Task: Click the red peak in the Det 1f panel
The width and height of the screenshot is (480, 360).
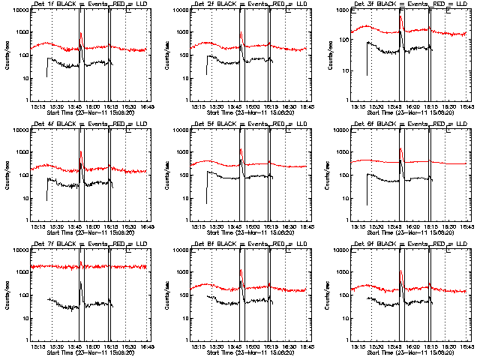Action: (x=80, y=34)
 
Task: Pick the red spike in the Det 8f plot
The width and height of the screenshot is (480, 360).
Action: (x=241, y=271)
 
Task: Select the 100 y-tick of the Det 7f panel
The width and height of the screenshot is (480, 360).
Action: (x=22, y=295)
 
